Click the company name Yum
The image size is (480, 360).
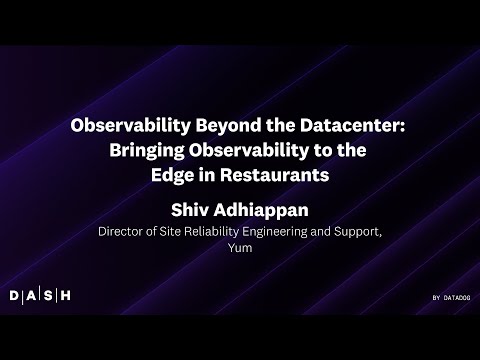coord(240,249)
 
